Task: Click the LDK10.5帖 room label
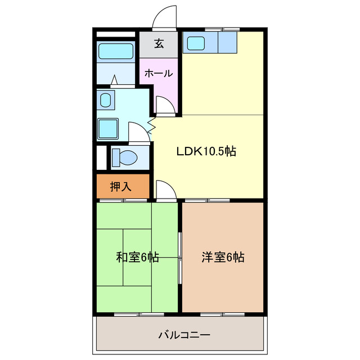click(x=206, y=151)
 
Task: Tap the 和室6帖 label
click(x=138, y=258)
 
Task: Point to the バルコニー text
click(x=184, y=336)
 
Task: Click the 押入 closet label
click(x=121, y=187)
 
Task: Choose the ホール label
click(x=158, y=73)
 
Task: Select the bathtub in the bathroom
click(x=115, y=51)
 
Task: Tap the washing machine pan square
click(x=107, y=129)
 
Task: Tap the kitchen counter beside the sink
click(x=228, y=43)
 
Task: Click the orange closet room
click(x=122, y=187)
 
